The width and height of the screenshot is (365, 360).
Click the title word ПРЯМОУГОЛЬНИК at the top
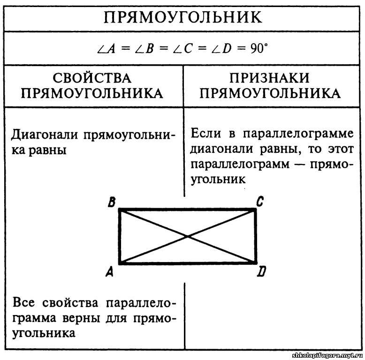pyautogui.click(x=182, y=17)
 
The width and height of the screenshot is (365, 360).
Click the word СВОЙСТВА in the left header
pyautogui.click(x=92, y=78)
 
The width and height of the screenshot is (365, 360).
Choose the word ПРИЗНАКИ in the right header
pyautogui.click(x=270, y=78)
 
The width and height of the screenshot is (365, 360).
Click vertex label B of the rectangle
pyautogui.click(x=111, y=202)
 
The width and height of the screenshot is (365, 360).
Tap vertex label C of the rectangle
pyautogui.click(x=259, y=202)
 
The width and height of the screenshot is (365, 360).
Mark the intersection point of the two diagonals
pyautogui.click(x=188, y=237)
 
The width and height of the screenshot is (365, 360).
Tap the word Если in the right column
pyautogui.click(x=206, y=133)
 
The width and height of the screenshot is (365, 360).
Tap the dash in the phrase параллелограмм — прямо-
pyautogui.click(x=301, y=165)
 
